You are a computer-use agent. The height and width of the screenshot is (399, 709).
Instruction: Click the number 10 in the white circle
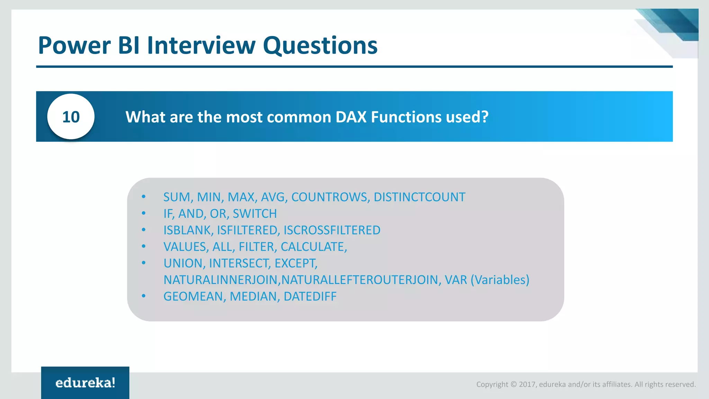click(71, 117)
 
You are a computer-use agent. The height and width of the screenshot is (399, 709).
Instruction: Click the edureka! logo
click(85, 383)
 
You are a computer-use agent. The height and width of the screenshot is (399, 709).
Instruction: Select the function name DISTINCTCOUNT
click(419, 197)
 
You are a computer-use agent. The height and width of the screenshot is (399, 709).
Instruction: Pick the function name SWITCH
click(254, 214)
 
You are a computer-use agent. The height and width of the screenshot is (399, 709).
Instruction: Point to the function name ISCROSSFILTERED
click(332, 230)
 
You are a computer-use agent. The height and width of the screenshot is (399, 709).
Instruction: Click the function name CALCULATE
click(312, 247)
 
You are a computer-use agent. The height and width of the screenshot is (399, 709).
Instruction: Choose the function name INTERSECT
click(239, 264)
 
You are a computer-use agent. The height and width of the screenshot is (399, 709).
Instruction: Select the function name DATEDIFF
click(310, 296)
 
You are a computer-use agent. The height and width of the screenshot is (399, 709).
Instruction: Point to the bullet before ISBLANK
click(144, 230)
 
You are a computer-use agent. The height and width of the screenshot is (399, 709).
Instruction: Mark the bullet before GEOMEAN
click(144, 296)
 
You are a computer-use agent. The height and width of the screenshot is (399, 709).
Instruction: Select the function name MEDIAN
click(253, 296)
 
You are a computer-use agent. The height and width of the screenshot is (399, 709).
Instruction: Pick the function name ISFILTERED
click(247, 230)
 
